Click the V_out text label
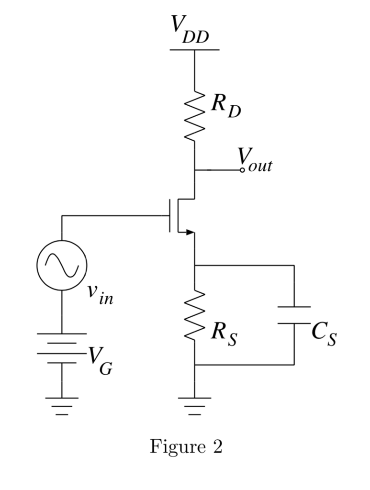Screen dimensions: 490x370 coord(256,160)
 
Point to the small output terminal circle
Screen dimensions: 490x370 coord(242,170)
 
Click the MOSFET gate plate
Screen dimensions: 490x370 coord(170,216)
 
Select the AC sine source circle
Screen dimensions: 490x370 coord(62,265)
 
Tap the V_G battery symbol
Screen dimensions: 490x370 coord(62,348)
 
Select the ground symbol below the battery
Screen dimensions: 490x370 coord(62,406)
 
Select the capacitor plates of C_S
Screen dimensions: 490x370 coord(294,315)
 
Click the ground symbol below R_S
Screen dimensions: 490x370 coord(195,406)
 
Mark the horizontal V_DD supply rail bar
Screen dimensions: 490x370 coord(195,49)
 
